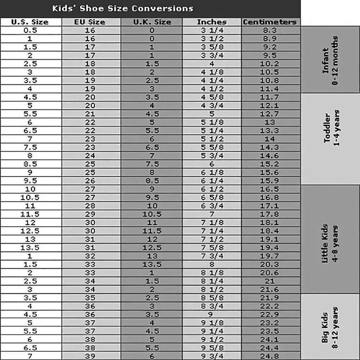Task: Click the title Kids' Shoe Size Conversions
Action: coord(123,8)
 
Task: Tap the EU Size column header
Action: coord(90,22)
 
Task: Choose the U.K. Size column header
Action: coord(152,22)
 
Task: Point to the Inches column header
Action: coord(212,22)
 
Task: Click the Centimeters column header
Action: coord(270,22)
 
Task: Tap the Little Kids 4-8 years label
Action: coord(330,243)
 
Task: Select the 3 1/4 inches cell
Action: coord(212,30)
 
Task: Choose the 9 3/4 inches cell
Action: coord(212,356)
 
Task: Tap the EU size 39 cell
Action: coord(90,356)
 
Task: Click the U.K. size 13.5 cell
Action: coord(152,264)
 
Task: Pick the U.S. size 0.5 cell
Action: coord(30,30)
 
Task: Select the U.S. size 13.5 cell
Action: coord(30,248)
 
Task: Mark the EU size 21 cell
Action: coord(90,114)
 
